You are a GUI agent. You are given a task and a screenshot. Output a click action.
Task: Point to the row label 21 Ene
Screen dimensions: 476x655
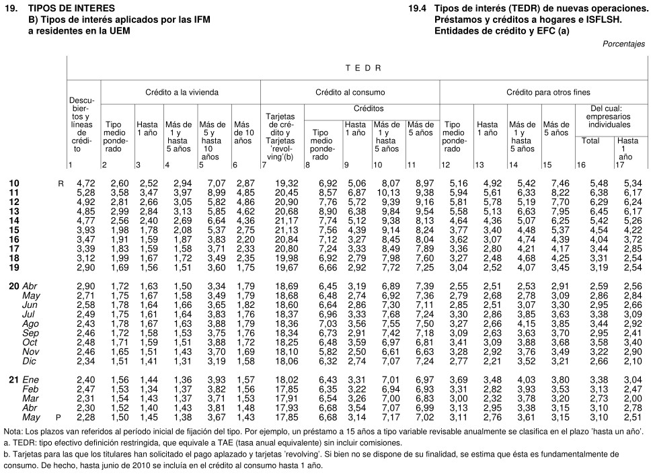25,380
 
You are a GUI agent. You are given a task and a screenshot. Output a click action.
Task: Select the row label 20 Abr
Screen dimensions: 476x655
25,286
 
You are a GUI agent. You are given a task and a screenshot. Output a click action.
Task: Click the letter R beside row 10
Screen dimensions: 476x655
61,183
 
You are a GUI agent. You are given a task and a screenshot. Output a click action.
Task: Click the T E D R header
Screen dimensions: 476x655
363,68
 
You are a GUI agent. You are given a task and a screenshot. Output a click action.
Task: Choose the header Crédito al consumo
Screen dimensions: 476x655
350,91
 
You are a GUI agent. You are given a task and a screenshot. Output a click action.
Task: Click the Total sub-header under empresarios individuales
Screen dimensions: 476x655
590,141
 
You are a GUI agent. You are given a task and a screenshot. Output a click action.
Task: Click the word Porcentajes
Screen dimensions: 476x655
623,44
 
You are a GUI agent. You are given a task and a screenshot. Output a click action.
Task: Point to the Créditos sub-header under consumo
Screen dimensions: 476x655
369,108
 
